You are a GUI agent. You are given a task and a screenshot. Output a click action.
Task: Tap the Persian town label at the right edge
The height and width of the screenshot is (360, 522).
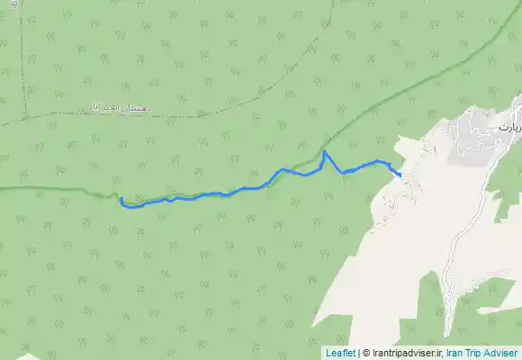[x=509, y=128]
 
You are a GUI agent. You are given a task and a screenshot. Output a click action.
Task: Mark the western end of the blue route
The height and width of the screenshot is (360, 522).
[x=121, y=199]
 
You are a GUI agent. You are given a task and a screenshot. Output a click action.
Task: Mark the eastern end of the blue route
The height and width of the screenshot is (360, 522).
[x=400, y=175]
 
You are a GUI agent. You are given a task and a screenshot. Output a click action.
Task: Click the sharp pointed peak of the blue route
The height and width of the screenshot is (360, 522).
[x=324, y=152]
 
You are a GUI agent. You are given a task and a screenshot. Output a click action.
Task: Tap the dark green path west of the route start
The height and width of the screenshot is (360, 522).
[x=54, y=188]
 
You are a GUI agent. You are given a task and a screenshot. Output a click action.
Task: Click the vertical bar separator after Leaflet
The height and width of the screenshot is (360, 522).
[x=357, y=353]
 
